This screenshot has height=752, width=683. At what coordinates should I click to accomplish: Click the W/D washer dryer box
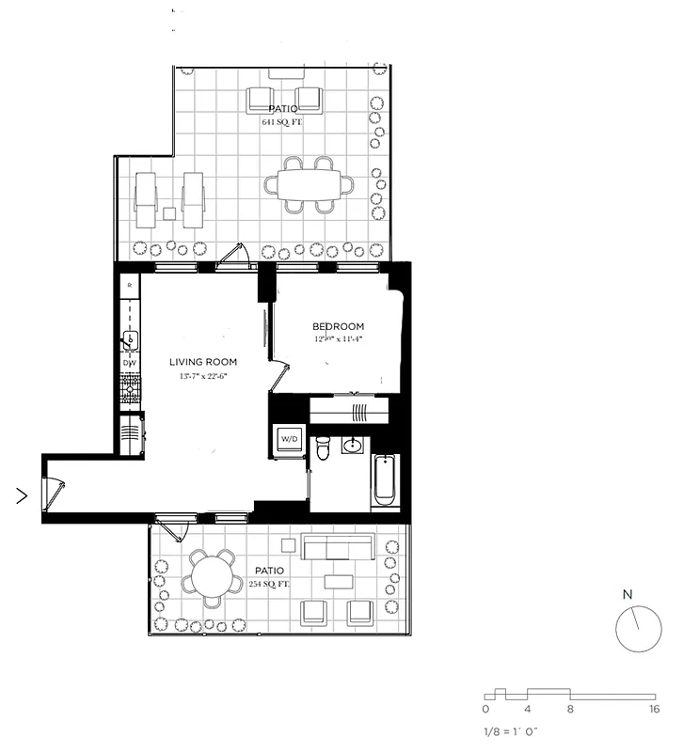point(288,440)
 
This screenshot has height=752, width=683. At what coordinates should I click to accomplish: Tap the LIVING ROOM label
point(202,362)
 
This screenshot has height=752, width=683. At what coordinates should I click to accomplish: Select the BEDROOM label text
point(338,327)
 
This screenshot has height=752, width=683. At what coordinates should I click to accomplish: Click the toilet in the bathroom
point(322,451)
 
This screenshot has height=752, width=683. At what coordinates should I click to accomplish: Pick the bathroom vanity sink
point(355,445)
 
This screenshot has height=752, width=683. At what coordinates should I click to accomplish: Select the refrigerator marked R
point(129,285)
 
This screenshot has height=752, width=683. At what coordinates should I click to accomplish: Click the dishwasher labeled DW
point(129,363)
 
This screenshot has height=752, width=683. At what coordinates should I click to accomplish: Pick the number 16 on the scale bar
point(653,709)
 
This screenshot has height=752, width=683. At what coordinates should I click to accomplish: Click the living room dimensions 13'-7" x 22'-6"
point(202,376)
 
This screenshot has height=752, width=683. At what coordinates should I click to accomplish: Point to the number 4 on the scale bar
point(528,709)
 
